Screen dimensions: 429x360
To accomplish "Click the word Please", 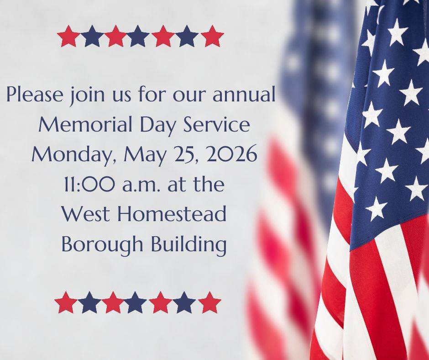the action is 35,94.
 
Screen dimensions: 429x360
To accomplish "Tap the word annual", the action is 244,94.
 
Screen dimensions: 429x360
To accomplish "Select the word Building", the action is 189,245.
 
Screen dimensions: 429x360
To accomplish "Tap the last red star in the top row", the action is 212,36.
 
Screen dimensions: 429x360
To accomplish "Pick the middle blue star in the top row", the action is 138,36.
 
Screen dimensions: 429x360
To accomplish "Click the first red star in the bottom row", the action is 66,302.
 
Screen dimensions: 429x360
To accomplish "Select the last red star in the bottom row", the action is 209,302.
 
